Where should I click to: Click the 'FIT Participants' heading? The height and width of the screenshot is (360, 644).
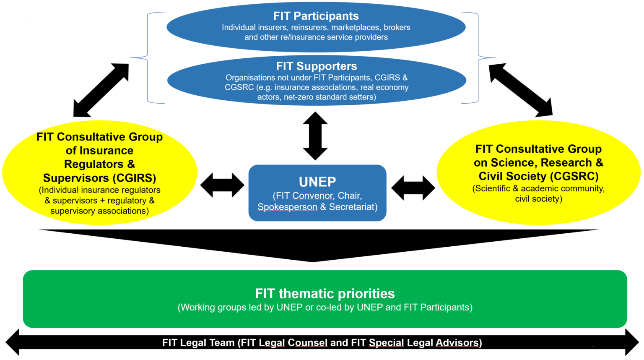[x=316, y=16]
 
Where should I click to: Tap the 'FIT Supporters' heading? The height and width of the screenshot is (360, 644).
[x=317, y=66]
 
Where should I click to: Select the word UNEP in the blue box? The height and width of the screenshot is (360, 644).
[x=317, y=182]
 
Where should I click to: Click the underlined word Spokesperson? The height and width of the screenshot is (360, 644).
[x=287, y=207]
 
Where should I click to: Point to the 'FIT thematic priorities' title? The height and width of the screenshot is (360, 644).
[x=325, y=293]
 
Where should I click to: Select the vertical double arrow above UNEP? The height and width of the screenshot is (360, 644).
[x=315, y=136]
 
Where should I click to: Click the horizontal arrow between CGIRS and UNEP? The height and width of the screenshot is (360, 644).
[x=222, y=185]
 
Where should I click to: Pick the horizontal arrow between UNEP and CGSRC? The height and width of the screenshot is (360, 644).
[x=413, y=188]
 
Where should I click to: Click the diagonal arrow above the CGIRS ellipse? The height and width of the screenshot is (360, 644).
[x=101, y=90]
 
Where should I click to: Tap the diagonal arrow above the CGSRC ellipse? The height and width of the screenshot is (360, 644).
[x=521, y=89]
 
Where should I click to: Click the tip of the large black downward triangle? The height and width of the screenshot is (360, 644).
[x=313, y=260]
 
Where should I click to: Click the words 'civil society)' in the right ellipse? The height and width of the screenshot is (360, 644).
[x=538, y=199]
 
